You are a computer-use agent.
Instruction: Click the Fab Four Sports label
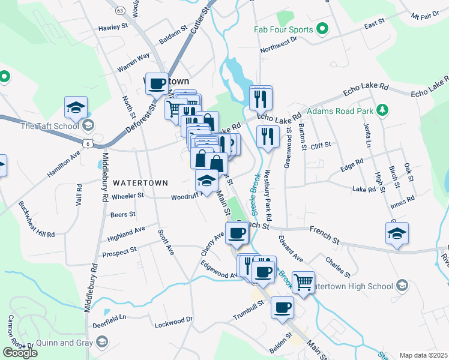tap(284, 29)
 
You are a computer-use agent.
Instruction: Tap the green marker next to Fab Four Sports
tap(322, 29)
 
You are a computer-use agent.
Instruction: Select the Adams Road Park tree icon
tap(381, 110)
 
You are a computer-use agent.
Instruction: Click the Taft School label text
tap(50, 126)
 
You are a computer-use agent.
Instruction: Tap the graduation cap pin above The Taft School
tap(76, 108)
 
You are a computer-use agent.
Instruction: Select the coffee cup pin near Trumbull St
tap(282, 308)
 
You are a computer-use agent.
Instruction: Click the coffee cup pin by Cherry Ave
tap(237, 233)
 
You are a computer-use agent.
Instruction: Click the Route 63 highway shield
tap(120, 11)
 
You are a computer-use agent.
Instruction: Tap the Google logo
tap(20, 353)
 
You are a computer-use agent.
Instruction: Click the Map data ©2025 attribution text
tap(423, 355)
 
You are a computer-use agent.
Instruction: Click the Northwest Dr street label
tap(279, 46)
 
